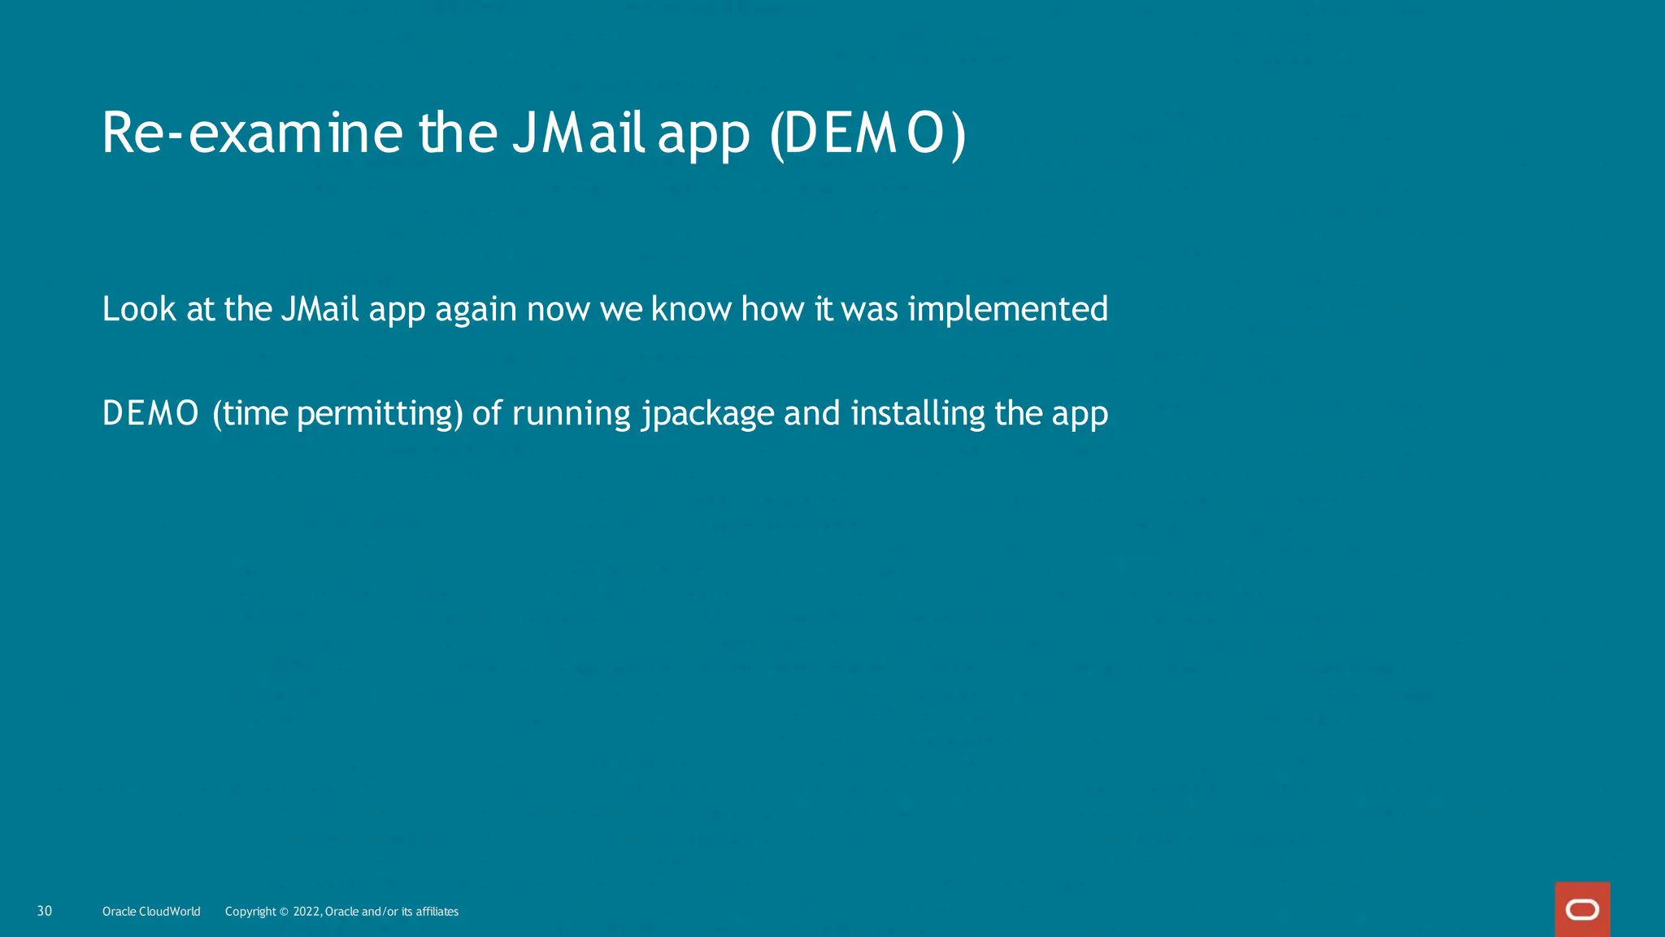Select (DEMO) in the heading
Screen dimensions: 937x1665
[867, 134]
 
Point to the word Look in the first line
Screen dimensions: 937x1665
[139, 310]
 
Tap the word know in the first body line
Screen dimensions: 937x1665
[692, 310]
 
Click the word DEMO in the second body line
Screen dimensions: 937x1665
[150, 414]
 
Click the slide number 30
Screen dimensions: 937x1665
[45, 911]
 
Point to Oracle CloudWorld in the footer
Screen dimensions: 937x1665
[151, 912]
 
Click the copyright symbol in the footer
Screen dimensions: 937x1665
[284, 912]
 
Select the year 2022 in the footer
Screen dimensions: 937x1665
[306, 912]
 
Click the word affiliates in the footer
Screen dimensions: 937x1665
[437, 912]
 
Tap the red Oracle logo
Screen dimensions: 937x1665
[1582, 909]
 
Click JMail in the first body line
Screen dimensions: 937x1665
[320, 310]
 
